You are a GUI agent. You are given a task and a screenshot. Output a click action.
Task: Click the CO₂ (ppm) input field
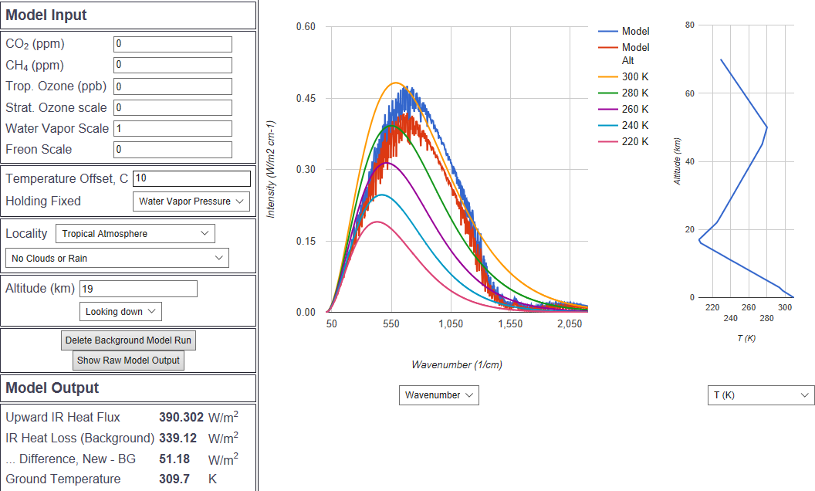coord(172,45)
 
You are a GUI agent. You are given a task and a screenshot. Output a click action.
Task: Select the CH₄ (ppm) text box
coord(172,66)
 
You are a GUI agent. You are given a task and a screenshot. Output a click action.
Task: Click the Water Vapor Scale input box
coord(172,129)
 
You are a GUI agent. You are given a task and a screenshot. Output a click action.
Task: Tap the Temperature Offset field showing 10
coord(191,179)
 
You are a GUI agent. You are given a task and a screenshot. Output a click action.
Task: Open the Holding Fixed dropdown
coord(191,201)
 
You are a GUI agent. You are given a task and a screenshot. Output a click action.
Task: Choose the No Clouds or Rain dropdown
coord(117,258)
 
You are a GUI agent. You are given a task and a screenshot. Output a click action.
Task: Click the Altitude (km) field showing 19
coord(138,289)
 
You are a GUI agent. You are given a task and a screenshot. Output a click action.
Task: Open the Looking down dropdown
coord(120,311)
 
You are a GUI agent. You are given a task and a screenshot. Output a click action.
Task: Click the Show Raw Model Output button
coord(128,361)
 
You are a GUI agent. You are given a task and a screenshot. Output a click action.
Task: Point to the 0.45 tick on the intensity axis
coord(306,98)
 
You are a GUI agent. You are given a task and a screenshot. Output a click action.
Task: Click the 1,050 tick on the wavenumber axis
coord(451,325)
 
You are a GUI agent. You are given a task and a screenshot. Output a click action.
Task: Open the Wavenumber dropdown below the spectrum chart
coord(439,395)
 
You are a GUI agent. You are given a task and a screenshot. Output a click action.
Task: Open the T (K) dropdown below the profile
coord(761,395)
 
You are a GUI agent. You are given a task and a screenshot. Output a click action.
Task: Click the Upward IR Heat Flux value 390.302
coord(181,418)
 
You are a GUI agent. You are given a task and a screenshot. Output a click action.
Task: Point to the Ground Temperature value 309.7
coord(174,479)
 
